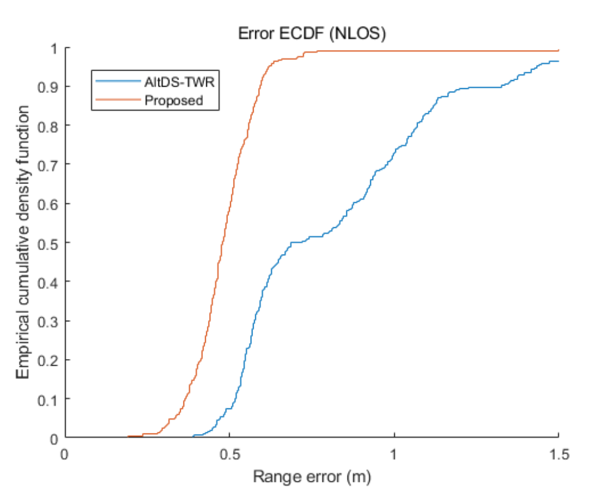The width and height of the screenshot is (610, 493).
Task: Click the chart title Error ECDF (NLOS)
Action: coord(311,34)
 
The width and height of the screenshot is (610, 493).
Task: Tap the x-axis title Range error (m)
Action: coord(311,476)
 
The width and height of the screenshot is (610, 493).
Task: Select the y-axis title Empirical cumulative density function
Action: coord(23,243)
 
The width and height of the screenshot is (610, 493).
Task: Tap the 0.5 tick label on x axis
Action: coord(229,453)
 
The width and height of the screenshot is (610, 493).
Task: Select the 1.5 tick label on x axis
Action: coord(558,453)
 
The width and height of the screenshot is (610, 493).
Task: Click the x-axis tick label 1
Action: coord(394,453)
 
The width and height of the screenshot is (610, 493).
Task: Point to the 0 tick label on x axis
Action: coord(65,453)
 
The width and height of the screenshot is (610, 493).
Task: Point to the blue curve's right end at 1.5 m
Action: coord(558,61)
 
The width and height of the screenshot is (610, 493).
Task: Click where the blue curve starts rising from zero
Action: coord(194,436)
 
